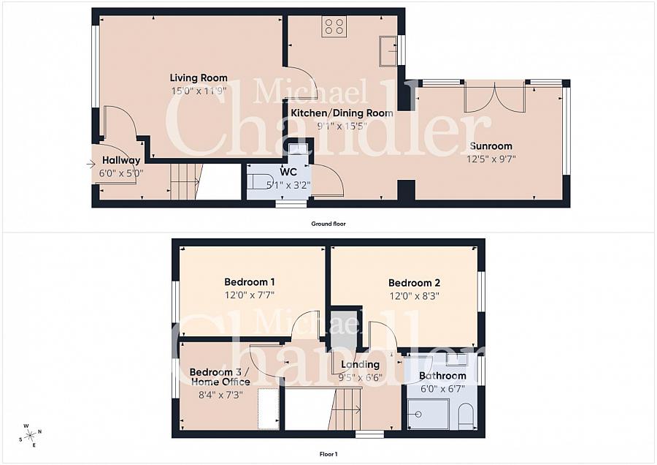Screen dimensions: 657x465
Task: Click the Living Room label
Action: [x=199, y=77]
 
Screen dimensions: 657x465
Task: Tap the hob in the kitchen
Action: [x=334, y=27]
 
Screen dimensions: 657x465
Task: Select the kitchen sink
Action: [x=388, y=50]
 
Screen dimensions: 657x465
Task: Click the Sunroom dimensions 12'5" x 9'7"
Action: [x=491, y=159]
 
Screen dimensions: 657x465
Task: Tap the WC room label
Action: [x=288, y=172]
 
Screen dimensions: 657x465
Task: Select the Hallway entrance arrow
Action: [x=91, y=165]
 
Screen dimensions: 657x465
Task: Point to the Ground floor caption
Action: [x=328, y=224]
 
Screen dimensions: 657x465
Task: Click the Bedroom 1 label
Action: [x=250, y=282]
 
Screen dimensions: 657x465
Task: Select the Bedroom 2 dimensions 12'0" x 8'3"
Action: [x=415, y=296]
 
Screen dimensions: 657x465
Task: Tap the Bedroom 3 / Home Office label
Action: [x=220, y=377]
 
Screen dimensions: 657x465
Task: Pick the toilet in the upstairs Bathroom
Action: [x=466, y=417]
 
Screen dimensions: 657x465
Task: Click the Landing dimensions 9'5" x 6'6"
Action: [x=361, y=377]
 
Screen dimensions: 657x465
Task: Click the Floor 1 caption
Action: [x=328, y=454]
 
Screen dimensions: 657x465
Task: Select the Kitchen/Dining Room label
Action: [x=342, y=113]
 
